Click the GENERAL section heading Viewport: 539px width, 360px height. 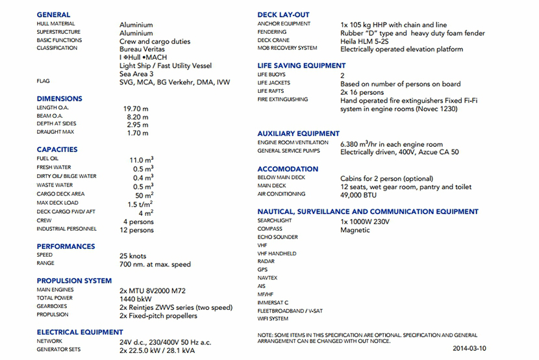54,14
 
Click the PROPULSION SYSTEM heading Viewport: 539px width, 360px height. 74,281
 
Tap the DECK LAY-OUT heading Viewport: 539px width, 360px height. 283,14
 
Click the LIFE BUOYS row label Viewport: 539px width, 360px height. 271,75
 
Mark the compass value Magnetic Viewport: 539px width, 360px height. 355,230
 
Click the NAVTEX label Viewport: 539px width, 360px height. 268,277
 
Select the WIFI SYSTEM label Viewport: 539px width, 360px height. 273,319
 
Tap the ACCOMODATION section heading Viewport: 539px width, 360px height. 288,169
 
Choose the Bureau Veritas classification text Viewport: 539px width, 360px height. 142,49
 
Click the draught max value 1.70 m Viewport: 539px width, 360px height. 138,133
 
